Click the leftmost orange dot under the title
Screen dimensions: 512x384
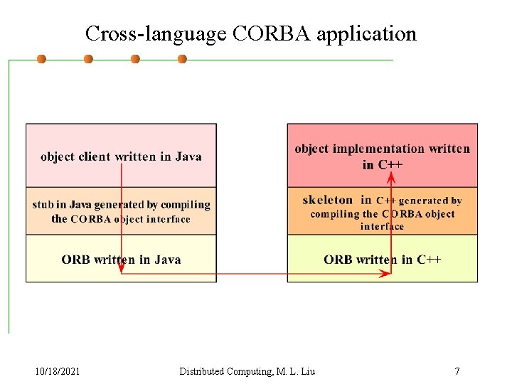click(x=41, y=59)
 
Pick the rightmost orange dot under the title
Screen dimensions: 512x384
click(x=182, y=59)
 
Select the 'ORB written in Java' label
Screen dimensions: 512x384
click(x=121, y=260)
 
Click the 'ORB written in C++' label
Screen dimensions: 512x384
click(x=382, y=260)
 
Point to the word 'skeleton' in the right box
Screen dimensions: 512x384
click(x=327, y=201)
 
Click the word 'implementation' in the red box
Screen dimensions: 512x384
click(x=378, y=149)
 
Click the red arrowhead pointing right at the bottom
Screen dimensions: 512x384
click(x=387, y=274)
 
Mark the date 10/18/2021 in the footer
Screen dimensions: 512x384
click(x=58, y=371)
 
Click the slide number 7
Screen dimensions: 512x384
click(x=457, y=371)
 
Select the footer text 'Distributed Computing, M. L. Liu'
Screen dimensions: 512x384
click(x=247, y=371)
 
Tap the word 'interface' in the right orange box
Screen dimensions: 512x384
click(x=382, y=227)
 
